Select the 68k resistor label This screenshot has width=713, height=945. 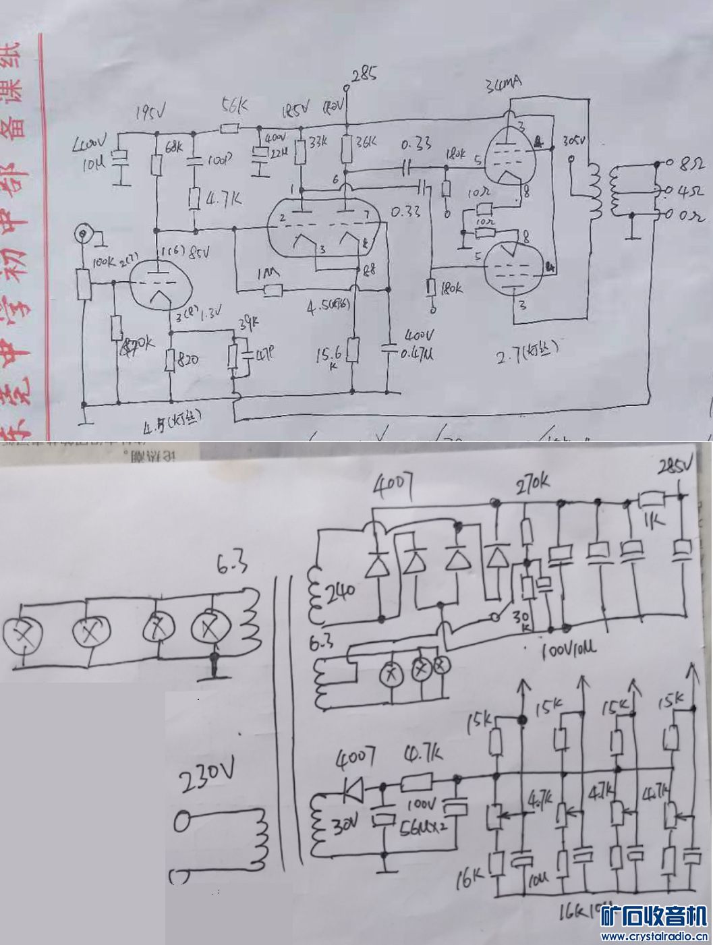click(174, 146)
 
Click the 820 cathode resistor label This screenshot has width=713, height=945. click(186, 360)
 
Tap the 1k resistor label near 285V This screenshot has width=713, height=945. click(652, 521)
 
